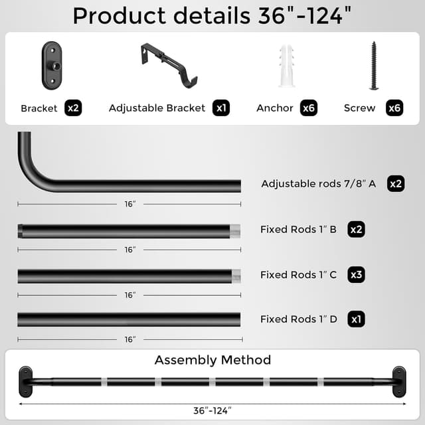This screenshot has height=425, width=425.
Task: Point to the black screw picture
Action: [x=374, y=66]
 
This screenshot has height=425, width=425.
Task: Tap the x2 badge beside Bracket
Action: [x=73, y=108]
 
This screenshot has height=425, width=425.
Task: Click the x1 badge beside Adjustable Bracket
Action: [x=221, y=108]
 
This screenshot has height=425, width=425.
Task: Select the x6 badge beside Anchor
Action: [x=308, y=108]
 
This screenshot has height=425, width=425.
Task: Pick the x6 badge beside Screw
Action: [x=394, y=108]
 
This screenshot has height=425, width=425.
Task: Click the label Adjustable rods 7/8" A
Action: [x=319, y=184]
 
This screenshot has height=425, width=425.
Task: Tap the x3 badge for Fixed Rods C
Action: [x=357, y=274]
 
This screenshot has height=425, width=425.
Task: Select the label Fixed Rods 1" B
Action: [x=298, y=230]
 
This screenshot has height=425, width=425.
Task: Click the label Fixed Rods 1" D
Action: [x=299, y=319]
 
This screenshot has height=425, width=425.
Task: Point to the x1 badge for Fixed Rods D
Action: [x=357, y=319]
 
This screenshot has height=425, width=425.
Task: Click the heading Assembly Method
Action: [x=212, y=360]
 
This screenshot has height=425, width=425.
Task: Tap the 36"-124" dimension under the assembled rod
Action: [x=212, y=410]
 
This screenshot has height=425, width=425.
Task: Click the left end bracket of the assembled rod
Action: [x=25, y=381]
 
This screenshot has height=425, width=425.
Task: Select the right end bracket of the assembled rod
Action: [x=400, y=381]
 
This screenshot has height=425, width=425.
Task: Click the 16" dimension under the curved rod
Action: [x=129, y=204]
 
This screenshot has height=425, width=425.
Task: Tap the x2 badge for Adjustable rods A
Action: [x=396, y=184]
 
